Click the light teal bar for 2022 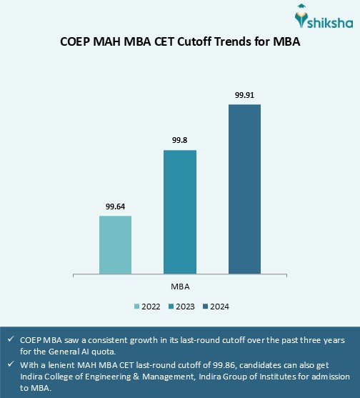115,244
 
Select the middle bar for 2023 180,212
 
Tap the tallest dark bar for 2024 244,189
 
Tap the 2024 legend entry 216,306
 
